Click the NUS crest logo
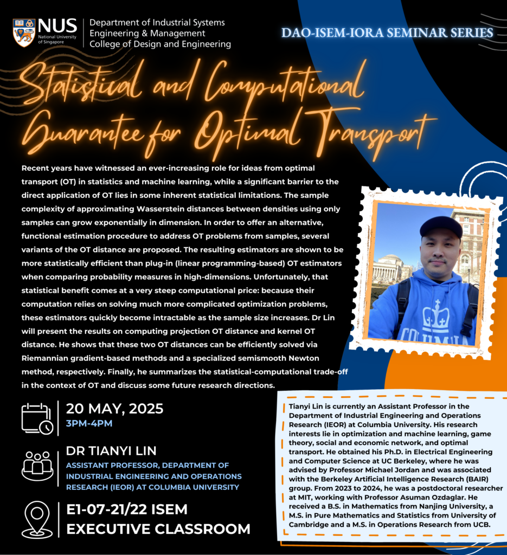pos(24,33)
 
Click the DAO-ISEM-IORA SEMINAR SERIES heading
pos(387,33)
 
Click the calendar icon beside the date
pos(37,418)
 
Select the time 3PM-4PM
pos(89,423)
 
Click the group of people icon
pos(37,465)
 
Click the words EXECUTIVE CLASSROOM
pos(158,529)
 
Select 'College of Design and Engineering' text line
pos(160,44)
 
